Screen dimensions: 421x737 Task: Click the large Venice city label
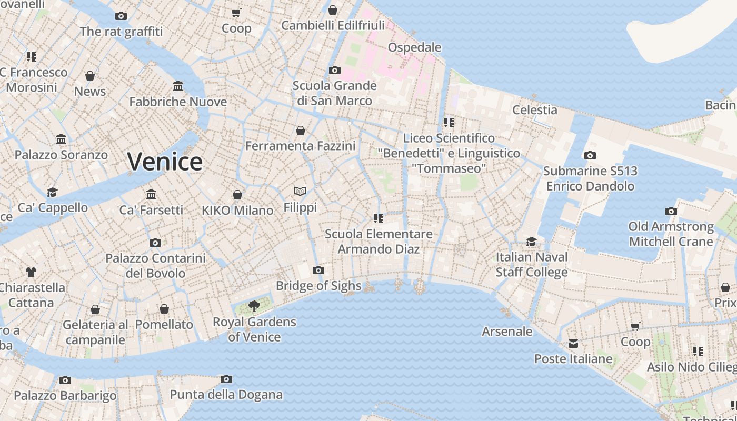pyautogui.click(x=165, y=162)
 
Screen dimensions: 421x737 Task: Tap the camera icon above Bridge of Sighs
pyautogui.click(x=318, y=270)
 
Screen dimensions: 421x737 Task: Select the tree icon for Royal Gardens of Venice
pyautogui.click(x=254, y=306)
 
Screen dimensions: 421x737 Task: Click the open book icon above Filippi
pyautogui.click(x=300, y=192)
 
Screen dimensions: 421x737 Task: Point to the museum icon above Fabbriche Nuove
pyautogui.click(x=178, y=86)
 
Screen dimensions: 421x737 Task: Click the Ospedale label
pyautogui.click(x=414, y=47)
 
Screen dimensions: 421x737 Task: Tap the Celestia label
pyautogui.click(x=534, y=110)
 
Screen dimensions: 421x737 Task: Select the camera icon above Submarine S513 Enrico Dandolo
pyautogui.click(x=590, y=156)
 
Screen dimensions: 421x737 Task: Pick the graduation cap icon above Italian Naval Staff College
pyautogui.click(x=532, y=242)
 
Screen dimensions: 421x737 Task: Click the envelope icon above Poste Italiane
pyautogui.click(x=573, y=344)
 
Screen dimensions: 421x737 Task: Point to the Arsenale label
pyautogui.click(x=507, y=332)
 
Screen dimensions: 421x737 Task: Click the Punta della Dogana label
pyautogui.click(x=226, y=395)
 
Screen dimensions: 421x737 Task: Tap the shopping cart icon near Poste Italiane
pyautogui.click(x=635, y=327)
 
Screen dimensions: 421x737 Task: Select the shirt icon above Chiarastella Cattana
pyautogui.click(x=31, y=272)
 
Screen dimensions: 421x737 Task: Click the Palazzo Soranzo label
pyautogui.click(x=61, y=155)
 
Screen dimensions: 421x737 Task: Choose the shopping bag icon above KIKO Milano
pyautogui.click(x=237, y=195)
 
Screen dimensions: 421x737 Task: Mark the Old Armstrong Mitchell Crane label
pyautogui.click(x=671, y=234)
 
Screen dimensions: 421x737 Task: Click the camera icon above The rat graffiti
pyautogui.click(x=121, y=16)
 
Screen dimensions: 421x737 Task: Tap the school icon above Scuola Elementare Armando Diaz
pyautogui.click(x=378, y=218)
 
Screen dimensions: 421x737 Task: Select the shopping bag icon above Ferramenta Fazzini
pyautogui.click(x=301, y=131)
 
